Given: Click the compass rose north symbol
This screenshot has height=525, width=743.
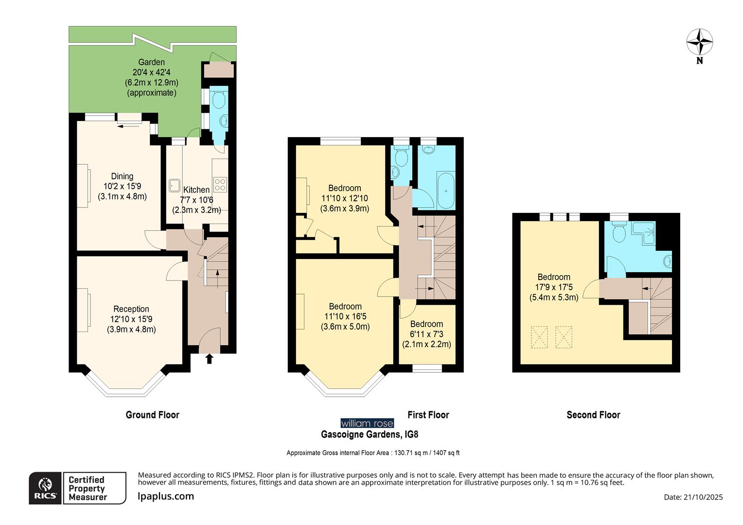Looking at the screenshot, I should coord(699,43).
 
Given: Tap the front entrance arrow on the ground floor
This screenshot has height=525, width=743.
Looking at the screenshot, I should coord(210,359).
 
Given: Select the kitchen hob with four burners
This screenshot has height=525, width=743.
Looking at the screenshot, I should coord(220,184).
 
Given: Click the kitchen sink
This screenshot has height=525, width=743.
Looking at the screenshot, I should coord(175,185).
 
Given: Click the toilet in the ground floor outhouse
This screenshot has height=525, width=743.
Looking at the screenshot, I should coord(219,100).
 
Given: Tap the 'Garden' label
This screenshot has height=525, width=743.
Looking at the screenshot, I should coord(151,62).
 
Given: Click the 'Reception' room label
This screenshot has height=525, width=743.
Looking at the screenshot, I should coord(131,309).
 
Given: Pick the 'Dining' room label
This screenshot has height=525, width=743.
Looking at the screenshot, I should coord(122,176).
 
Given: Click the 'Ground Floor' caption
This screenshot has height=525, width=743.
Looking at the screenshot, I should coord(152,415).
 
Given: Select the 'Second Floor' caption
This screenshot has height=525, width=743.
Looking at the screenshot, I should coord(593,415).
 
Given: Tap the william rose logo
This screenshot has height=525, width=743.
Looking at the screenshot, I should coord(367,423).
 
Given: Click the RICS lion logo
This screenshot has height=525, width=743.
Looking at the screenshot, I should coord(45,488).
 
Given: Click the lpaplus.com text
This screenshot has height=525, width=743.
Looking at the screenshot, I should coord(166,496).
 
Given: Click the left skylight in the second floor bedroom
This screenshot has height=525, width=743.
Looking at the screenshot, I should coord(539,337).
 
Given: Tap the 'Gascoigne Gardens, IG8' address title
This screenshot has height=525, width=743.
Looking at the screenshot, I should coord(370,434).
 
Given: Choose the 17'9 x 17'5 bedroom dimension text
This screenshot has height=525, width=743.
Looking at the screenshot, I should coord(554,287).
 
